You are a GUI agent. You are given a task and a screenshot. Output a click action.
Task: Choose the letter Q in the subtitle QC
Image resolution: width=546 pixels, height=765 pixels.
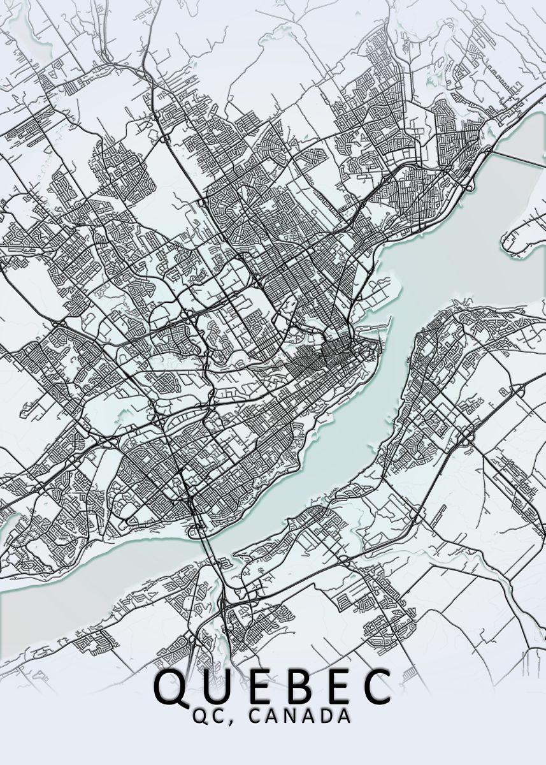pyautogui.click(x=200, y=716)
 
